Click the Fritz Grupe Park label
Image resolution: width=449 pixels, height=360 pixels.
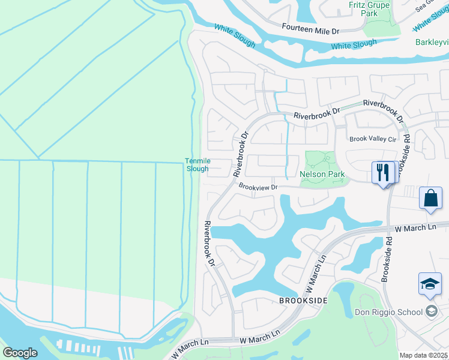coord(369,9)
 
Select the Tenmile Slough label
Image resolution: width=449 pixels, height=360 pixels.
coord(197,164)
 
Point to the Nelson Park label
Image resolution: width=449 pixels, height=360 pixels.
coord(322,174)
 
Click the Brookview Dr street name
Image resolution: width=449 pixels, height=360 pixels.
coord(258,187)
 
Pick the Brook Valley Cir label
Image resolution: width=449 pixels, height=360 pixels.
coord(373,139)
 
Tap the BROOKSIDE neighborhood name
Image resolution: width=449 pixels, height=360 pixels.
coord(303,299)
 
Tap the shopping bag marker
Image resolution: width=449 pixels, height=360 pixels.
coord(431,199)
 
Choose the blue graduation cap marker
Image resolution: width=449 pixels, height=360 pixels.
coord(430,284)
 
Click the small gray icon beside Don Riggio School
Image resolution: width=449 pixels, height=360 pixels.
coord(430,311)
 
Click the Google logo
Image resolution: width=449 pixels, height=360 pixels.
coord(20,353)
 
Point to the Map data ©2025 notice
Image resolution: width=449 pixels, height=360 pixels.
coord(423,355)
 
